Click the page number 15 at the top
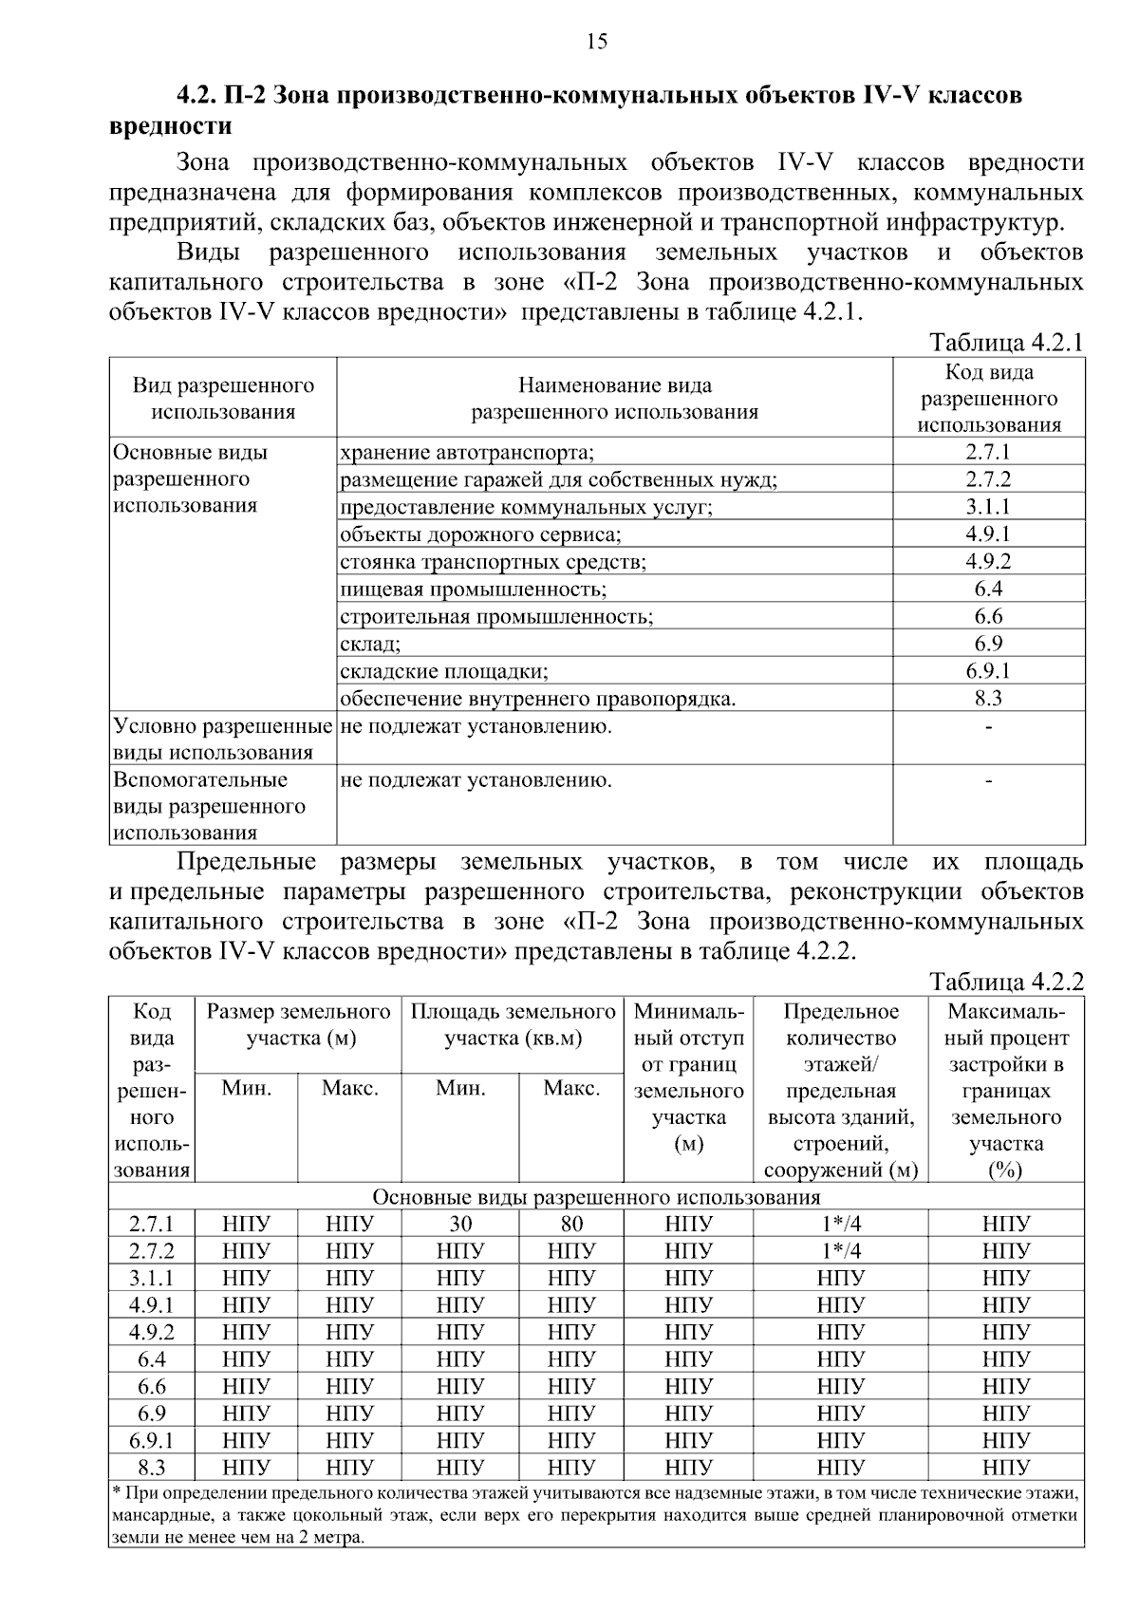click(x=597, y=41)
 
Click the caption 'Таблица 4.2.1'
click(x=1005, y=343)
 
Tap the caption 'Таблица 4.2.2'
click(x=1005, y=982)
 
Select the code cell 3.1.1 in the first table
click(x=988, y=507)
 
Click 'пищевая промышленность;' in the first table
click(x=473, y=590)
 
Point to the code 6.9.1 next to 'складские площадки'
click(x=988, y=671)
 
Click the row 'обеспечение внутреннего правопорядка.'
click(x=538, y=700)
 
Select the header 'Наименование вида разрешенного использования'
click(x=614, y=399)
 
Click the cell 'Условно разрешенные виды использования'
click(x=222, y=740)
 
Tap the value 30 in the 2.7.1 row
click(x=460, y=1224)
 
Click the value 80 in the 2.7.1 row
click(x=571, y=1224)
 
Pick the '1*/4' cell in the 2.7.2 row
click(x=840, y=1250)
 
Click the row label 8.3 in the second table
click(x=152, y=1468)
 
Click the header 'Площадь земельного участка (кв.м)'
click(x=513, y=1024)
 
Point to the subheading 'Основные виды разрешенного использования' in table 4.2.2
click(x=596, y=1196)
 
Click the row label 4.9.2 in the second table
click(x=152, y=1332)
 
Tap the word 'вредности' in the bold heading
click(x=171, y=126)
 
